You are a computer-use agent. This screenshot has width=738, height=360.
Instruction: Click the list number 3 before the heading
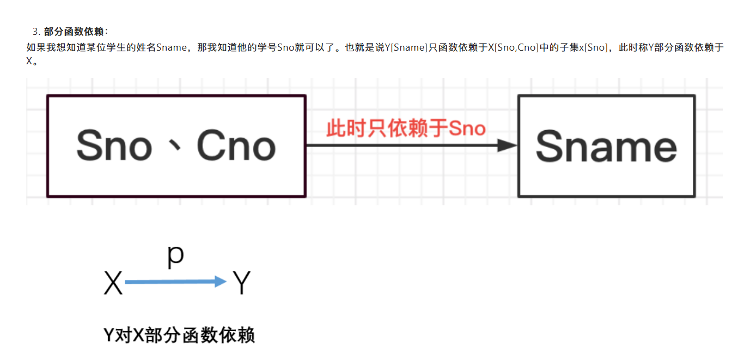(x=36, y=32)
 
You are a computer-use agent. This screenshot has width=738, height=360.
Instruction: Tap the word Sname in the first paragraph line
(x=172, y=48)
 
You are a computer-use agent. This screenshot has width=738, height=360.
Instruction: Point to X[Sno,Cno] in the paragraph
(x=513, y=48)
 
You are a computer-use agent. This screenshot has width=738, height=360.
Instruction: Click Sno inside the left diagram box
(x=114, y=146)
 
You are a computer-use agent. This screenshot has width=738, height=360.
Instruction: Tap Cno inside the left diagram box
(x=236, y=146)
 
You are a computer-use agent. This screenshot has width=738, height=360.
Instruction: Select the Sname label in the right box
(x=606, y=146)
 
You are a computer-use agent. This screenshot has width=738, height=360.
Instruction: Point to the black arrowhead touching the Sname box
(x=508, y=145)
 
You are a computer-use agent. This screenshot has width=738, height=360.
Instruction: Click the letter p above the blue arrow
(x=175, y=257)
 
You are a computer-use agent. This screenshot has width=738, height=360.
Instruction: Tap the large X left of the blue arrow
(x=113, y=283)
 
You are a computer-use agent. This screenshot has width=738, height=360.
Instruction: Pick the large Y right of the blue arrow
(x=241, y=283)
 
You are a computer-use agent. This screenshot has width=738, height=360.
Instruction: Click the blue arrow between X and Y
(x=174, y=282)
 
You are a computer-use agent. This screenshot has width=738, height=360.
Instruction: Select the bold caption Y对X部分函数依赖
(x=179, y=335)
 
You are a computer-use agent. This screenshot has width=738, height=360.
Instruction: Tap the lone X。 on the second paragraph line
(x=32, y=61)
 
